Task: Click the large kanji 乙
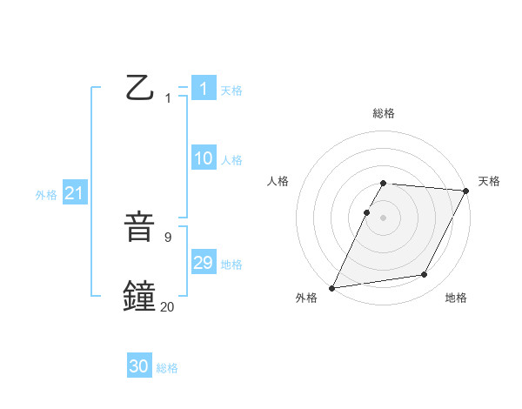click(140, 88)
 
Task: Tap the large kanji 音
click(140, 228)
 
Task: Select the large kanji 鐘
click(140, 295)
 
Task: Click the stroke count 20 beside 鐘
click(167, 305)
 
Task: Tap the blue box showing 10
click(204, 158)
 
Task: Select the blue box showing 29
click(204, 263)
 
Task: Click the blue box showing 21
click(74, 194)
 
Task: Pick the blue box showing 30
click(139, 366)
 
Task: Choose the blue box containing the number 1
click(204, 89)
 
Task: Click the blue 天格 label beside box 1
click(231, 90)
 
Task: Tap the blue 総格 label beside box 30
click(167, 368)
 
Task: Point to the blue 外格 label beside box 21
click(46, 195)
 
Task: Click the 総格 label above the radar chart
click(384, 113)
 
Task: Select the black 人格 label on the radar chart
click(278, 181)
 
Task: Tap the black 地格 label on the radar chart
click(456, 298)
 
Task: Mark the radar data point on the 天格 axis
click(466, 191)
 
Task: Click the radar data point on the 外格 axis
click(332, 288)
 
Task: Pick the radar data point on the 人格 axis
click(367, 212)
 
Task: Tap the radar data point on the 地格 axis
click(425, 274)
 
